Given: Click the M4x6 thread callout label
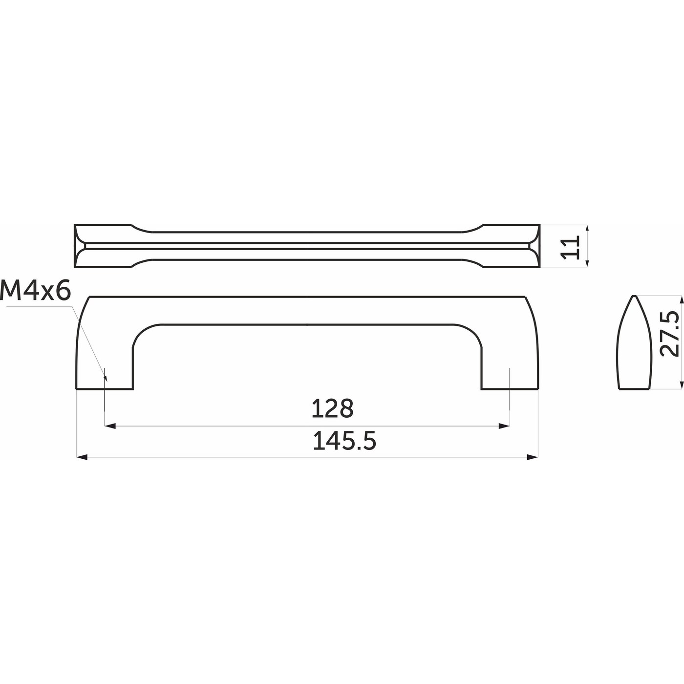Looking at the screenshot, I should [36, 292].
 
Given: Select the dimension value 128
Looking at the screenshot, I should [332, 409].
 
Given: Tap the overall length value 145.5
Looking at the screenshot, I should [344, 442].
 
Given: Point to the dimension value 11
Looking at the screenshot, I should [570, 247].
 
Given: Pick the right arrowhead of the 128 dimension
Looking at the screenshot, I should [505, 426].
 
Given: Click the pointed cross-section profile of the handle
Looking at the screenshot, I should [634, 342].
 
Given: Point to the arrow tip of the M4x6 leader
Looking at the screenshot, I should [105, 379].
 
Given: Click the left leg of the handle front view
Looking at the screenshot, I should [105, 362].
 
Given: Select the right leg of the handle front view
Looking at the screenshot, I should [510, 362].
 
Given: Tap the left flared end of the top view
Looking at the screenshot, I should [103, 246].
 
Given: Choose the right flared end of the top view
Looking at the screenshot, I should [512, 246].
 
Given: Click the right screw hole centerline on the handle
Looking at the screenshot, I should [510, 386].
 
